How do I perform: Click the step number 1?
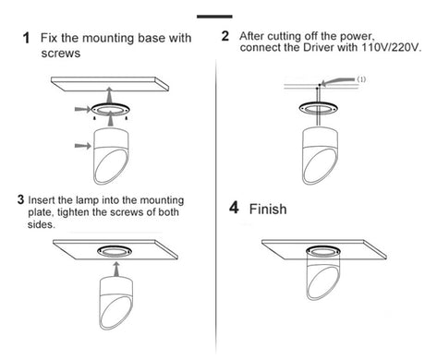26,38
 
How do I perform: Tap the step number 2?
225,36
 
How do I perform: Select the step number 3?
20,199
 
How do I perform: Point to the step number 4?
234,208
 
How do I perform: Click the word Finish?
268,210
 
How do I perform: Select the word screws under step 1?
61,54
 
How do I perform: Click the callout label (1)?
361,79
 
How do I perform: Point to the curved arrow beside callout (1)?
337,81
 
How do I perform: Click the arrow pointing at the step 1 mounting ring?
83,109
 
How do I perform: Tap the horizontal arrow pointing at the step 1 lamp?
83,146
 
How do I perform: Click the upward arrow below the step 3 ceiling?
115,270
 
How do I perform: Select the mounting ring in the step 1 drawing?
110,105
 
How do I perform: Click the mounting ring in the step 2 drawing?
319,103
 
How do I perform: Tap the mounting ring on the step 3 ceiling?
115,247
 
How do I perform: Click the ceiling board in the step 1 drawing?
110,84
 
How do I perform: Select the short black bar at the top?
214,17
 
